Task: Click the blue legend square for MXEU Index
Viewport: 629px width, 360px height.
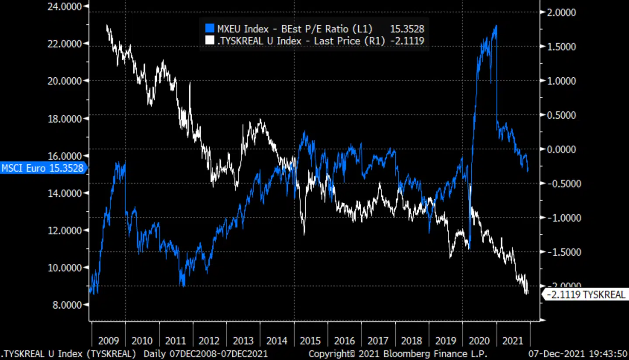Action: coord(210,29)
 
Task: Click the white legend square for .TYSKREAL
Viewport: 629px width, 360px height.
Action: coord(210,41)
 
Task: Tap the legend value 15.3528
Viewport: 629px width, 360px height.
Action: coord(407,29)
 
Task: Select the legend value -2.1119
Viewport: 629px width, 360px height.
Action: coord(407,41)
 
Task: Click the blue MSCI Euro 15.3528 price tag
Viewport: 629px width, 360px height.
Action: coord(43,168)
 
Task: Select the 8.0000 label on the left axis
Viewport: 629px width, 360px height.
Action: coord(67,305)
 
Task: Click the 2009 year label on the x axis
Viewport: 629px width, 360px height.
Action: coord(108,341)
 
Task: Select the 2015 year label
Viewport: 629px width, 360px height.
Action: coord(311,341)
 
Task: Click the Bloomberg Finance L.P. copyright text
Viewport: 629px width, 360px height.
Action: coord(398,353)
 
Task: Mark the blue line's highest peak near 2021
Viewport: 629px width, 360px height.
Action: coord(496,26)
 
